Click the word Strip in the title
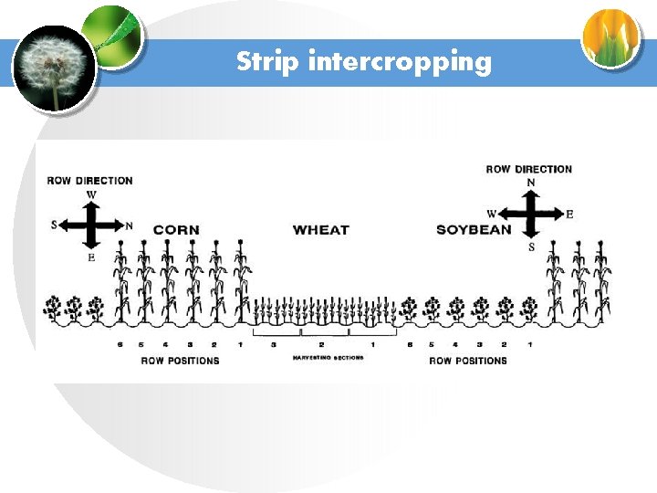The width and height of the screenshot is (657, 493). point(268,62)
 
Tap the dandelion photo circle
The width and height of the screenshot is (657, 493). point(53,68)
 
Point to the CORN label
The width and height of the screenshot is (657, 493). point(176,230)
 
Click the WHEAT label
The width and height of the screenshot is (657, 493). point(321,230)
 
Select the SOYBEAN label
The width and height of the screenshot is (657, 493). point(474,229)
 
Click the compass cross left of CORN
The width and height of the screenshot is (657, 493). point(91,225)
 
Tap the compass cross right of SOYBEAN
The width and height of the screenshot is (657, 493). point(531,215)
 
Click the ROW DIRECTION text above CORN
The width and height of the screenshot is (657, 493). point(90,181)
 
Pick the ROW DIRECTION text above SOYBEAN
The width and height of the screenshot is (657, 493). point(529,169)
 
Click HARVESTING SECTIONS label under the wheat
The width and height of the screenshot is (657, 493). point(328,358)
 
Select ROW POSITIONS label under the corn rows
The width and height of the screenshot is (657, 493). point(180,361)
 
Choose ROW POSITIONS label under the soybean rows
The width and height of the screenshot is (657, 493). point(468,361)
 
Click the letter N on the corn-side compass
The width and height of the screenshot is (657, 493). point(129,226)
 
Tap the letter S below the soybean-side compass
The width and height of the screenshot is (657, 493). point(531,247)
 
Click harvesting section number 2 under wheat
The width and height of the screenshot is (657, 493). point(321,344)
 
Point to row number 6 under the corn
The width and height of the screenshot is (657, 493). point(120,344)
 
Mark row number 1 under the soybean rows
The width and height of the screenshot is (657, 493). point(530,344)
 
